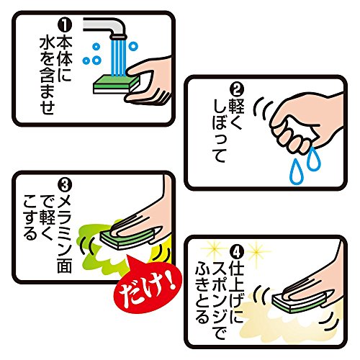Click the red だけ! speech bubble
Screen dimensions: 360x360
(147, 285)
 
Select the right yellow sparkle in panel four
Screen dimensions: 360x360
(256, 250)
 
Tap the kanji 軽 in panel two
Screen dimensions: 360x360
(237, 106)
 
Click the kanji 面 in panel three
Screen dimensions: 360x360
(65, 265)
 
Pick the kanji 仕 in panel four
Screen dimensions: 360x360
(237, 268)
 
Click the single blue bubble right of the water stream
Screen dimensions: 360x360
(133, 46)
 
